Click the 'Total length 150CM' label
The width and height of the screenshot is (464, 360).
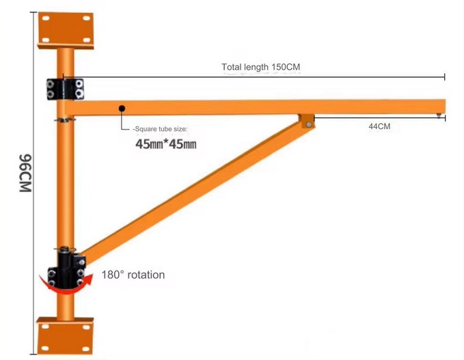click(261, 67)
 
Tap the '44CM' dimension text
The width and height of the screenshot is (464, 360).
click(379, 126)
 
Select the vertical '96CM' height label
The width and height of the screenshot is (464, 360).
click(25, 173)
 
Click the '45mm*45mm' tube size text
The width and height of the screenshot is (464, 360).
click(165, 144)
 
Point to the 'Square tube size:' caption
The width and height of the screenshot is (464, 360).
click(160, 129)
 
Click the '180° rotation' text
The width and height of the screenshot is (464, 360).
click(133, 275)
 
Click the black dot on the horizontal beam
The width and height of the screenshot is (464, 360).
click(122, 109)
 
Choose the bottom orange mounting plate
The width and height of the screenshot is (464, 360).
click(66, 335)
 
